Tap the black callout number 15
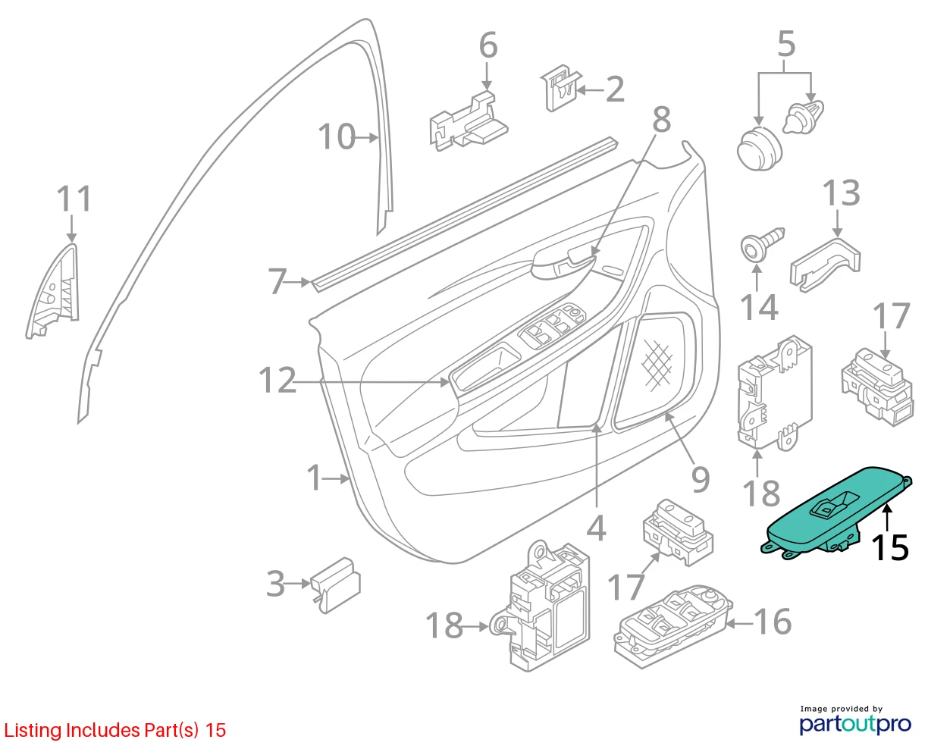coord(890,547)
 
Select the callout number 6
coord(488,45)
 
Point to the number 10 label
coord(337,136)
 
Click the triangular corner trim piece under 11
coord(55,291)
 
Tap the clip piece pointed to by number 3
coord(335,584)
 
